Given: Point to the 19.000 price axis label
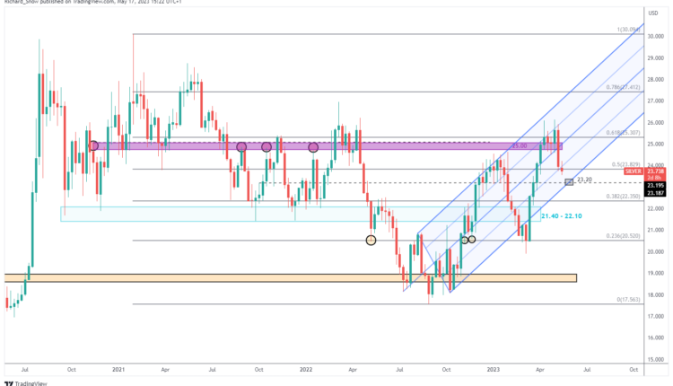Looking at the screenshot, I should [x=656, y=273].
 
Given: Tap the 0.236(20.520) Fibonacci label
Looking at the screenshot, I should [x=621, y=237].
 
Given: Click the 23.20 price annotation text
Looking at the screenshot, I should [x=585, y=180].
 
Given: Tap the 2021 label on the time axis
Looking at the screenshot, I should [x=118, y=368].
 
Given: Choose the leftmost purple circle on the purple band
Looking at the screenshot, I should [x=93, y=145].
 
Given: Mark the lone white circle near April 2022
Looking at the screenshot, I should [x=371, y=240].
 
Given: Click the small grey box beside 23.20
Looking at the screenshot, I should [x=568, y=182].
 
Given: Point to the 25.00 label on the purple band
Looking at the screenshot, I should [x=519, y=145].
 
